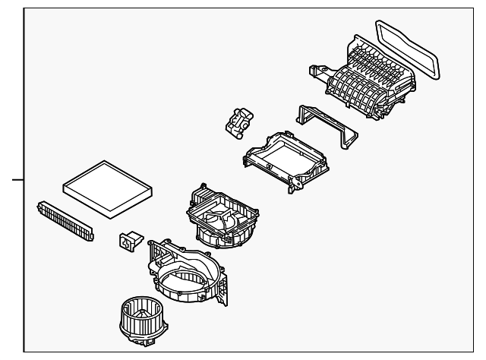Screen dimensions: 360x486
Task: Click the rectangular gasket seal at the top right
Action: [x=410, y=48]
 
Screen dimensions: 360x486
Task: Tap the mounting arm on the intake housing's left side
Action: [x=319, y=72]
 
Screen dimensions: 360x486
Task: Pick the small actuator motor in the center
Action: [x=240, y=122]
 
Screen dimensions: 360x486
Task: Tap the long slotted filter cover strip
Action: [x=66, y=221]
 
